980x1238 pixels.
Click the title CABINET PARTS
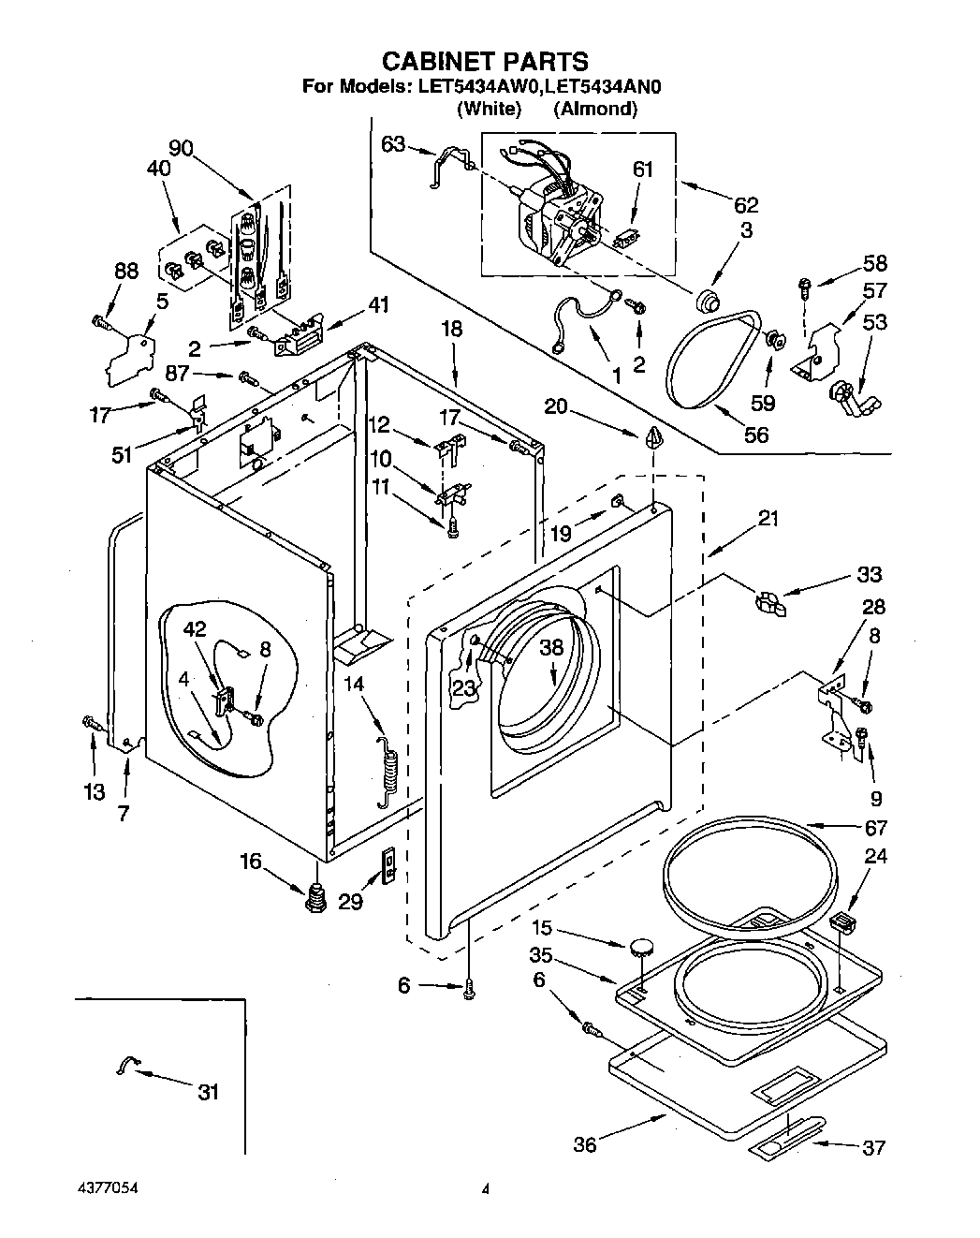(486, 61)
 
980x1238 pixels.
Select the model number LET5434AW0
(478, 87)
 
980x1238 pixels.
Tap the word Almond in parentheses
(595, 108)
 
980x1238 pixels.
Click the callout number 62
(746, 205)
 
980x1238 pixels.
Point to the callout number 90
(182, 148)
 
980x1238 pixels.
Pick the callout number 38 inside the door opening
(551, 648)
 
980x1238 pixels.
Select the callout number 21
(768, 518)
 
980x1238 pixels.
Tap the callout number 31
(209, 1092)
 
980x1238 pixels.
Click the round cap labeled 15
(640, 947)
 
